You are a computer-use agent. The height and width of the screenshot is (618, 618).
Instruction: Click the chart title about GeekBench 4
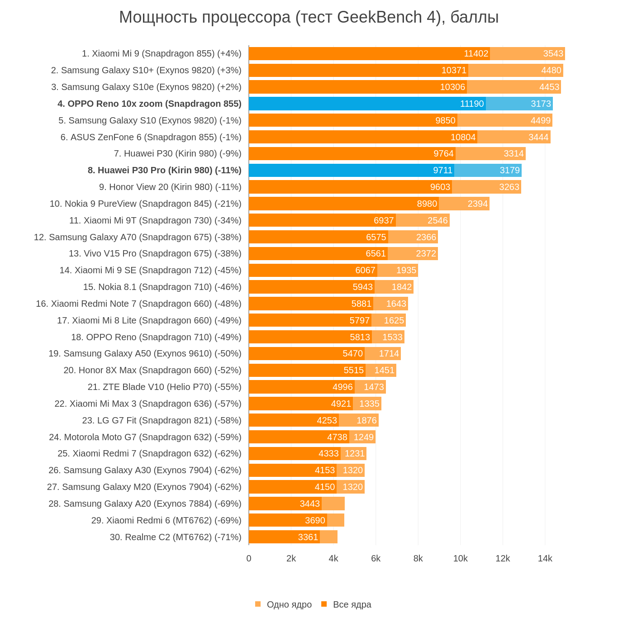coord(309,17)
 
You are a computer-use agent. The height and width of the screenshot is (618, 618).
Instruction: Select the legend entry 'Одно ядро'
coord(289,604)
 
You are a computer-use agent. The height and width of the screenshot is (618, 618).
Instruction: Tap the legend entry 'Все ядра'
coord(352,604)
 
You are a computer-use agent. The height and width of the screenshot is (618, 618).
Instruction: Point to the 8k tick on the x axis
coord(418,559)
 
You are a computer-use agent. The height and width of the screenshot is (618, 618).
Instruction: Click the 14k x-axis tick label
coord(545,559)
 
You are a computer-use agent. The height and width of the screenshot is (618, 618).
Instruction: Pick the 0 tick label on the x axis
coord(249,559)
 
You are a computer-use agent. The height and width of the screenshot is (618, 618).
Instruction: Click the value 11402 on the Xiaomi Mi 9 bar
coord(476,54)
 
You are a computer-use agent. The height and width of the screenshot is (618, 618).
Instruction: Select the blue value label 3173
coord(541,104)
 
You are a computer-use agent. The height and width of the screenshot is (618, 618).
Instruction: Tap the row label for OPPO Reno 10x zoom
coord(149,104)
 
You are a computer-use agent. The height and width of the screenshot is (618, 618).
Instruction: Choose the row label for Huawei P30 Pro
coord(164,171)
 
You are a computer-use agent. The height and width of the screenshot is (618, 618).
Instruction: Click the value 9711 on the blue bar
coord(442,171)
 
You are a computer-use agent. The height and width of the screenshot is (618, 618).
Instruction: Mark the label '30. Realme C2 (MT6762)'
coord(176,537)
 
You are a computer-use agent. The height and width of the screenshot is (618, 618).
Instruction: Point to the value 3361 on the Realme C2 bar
coord(308,537)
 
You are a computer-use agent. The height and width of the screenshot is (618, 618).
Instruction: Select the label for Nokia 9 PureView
coord(145,204)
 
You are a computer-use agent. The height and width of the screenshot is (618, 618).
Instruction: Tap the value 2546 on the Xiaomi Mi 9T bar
coord(437,221)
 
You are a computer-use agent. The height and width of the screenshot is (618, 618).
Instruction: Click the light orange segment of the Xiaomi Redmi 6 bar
coord(336,520)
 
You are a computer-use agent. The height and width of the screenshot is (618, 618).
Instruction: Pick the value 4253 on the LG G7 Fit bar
coord(327,421)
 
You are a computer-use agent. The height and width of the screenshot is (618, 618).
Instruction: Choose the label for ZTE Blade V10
coord(164,387)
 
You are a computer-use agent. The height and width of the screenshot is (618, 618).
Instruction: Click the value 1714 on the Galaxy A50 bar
coord(389,354)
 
